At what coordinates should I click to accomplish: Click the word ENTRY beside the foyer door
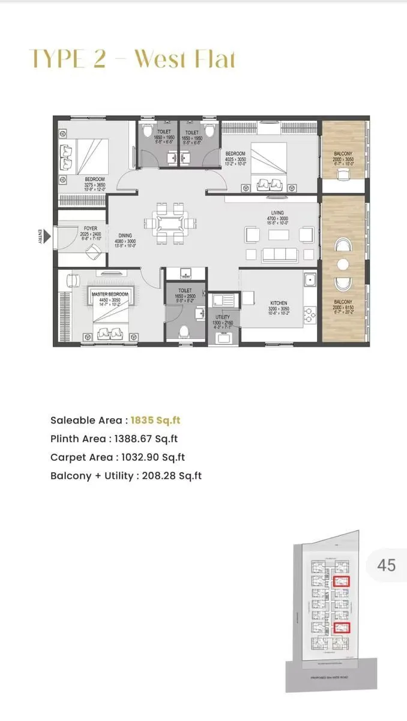click(40, 237)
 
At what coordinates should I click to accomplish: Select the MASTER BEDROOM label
click(110, 294)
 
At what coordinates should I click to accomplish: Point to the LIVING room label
click(277, 213)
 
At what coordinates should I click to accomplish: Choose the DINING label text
click(125, 236)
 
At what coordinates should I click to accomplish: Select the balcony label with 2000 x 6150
click(343, 302)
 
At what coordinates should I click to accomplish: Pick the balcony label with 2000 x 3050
click(343, 153)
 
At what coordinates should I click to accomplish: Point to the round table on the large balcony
click(343, 264)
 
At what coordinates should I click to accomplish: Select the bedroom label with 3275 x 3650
click(95, 179)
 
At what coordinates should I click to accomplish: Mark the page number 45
click(387, 565)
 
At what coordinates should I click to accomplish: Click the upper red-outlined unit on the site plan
click(342, 580)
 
